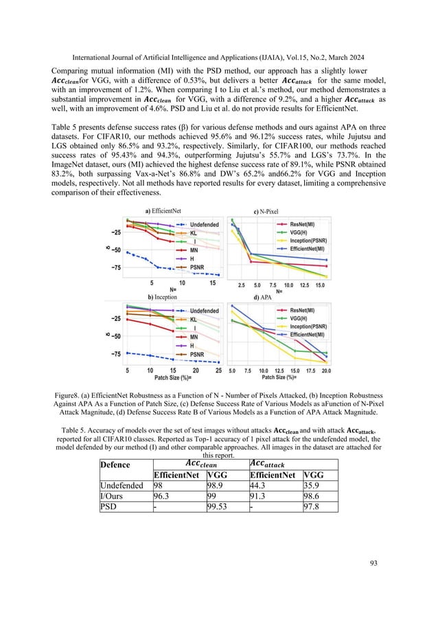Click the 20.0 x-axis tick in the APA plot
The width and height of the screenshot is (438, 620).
pyautogui.click(x=325, y=370)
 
